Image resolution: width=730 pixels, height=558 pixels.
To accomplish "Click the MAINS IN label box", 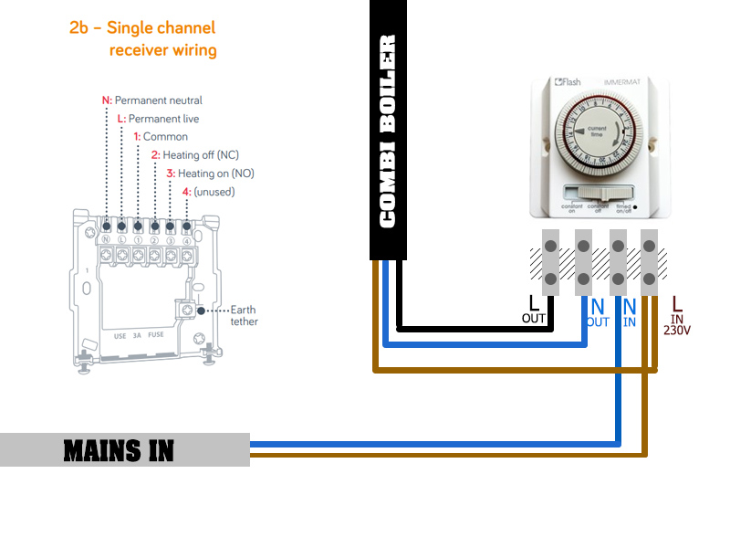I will [124, 450].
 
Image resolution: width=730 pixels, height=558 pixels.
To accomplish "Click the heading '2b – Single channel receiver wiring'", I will [143, 38].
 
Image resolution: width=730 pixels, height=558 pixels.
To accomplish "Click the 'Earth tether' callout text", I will [244, 315].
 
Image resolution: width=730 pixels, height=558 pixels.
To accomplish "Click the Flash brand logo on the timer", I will [568, 82].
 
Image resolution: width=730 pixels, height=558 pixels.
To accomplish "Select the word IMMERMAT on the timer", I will [622, 83].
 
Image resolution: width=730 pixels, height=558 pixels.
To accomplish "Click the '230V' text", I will [676, 331].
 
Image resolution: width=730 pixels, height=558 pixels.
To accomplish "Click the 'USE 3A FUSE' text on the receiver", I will [139, 335].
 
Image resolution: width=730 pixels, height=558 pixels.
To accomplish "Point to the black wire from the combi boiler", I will [474, 329].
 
